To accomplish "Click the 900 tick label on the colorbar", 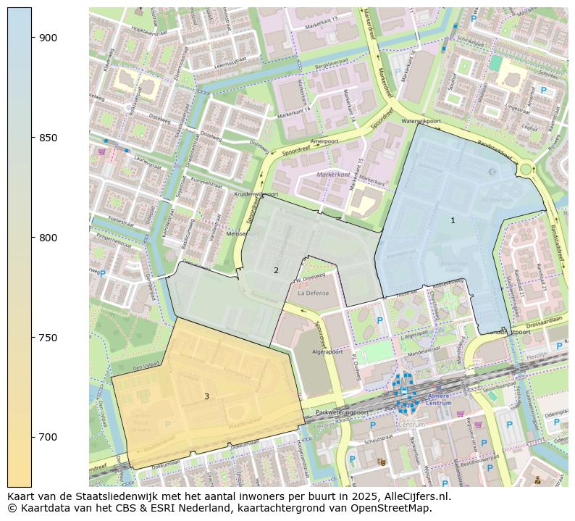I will [x=49, y=38].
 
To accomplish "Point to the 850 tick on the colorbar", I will [x=49, y=138].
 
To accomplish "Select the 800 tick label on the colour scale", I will [x=49, y=238].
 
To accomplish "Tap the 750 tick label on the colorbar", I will [x=49, y=338].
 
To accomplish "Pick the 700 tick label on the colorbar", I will [x=49, y=437].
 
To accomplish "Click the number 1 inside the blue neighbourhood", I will [x=453, y=220].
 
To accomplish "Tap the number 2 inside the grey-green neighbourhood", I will [x=276, y=270].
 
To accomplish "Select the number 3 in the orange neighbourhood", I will [x=206, y=396].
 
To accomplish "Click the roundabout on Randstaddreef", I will [x=526, y=170].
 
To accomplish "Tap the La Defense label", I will [x=313, y=293].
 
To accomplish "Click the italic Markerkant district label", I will [x=333, y=175].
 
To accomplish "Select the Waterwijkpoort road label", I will [x=421, y=121].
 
